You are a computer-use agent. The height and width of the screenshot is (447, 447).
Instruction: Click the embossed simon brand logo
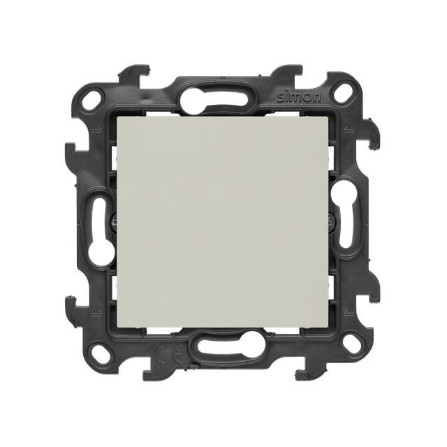click(x=299, y=98)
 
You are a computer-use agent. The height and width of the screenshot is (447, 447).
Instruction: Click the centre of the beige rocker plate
click(x=223, y=223)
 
